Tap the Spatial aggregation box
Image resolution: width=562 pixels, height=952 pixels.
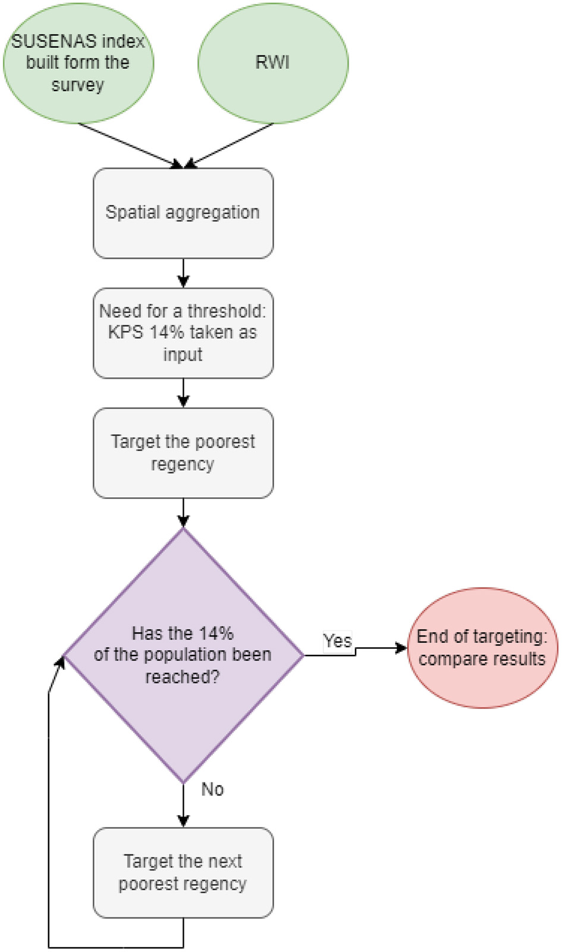tap(183, 213)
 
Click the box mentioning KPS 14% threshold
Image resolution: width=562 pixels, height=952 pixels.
tap(183, 332)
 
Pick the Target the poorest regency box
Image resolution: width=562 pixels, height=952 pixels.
tap(183, 452)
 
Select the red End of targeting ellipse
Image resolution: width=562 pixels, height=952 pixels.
tap(482, 648)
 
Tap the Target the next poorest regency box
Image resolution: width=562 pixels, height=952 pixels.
tap(183, 872)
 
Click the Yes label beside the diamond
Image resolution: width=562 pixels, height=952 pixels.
tap(337, 641)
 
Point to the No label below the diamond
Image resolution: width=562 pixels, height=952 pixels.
tap(212, 789)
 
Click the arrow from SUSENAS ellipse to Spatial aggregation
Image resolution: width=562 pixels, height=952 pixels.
tap(131, 145)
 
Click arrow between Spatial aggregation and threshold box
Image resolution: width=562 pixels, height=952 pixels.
tap(183, 273)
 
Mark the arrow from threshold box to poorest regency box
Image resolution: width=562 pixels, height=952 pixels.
tap(183, 393)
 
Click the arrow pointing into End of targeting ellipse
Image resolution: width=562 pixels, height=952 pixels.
tap(381, 648)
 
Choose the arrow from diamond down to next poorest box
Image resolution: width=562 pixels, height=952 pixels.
tap(183, 805)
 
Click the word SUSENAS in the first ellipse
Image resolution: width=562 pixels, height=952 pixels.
tap(45, 41)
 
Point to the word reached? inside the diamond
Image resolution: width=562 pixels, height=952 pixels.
tap(183, 677)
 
